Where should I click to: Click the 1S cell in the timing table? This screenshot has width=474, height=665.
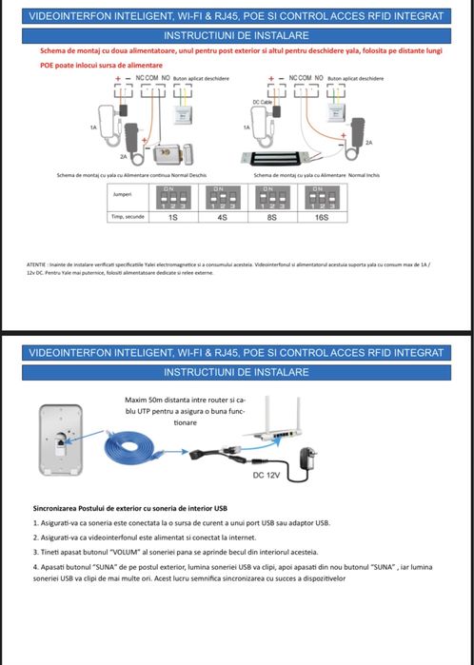pos(172,217)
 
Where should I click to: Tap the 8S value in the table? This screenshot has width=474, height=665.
pos(271,217)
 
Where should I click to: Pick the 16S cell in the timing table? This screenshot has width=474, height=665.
pos(321,217)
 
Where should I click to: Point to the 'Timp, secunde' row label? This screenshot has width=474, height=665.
pos(123,217)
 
